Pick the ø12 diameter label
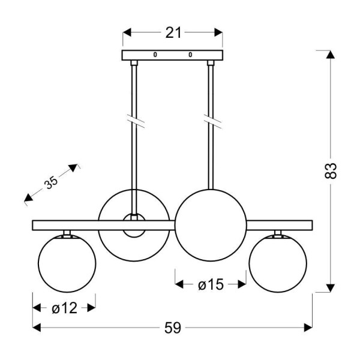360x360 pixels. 64,308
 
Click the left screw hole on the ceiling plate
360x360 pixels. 155,55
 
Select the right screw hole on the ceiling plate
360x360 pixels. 190,55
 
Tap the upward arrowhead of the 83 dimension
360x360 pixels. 329,55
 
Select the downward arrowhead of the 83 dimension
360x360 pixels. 329,287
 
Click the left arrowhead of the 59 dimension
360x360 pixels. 36,328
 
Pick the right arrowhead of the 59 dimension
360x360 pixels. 309,328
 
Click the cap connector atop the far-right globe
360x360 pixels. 278,233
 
